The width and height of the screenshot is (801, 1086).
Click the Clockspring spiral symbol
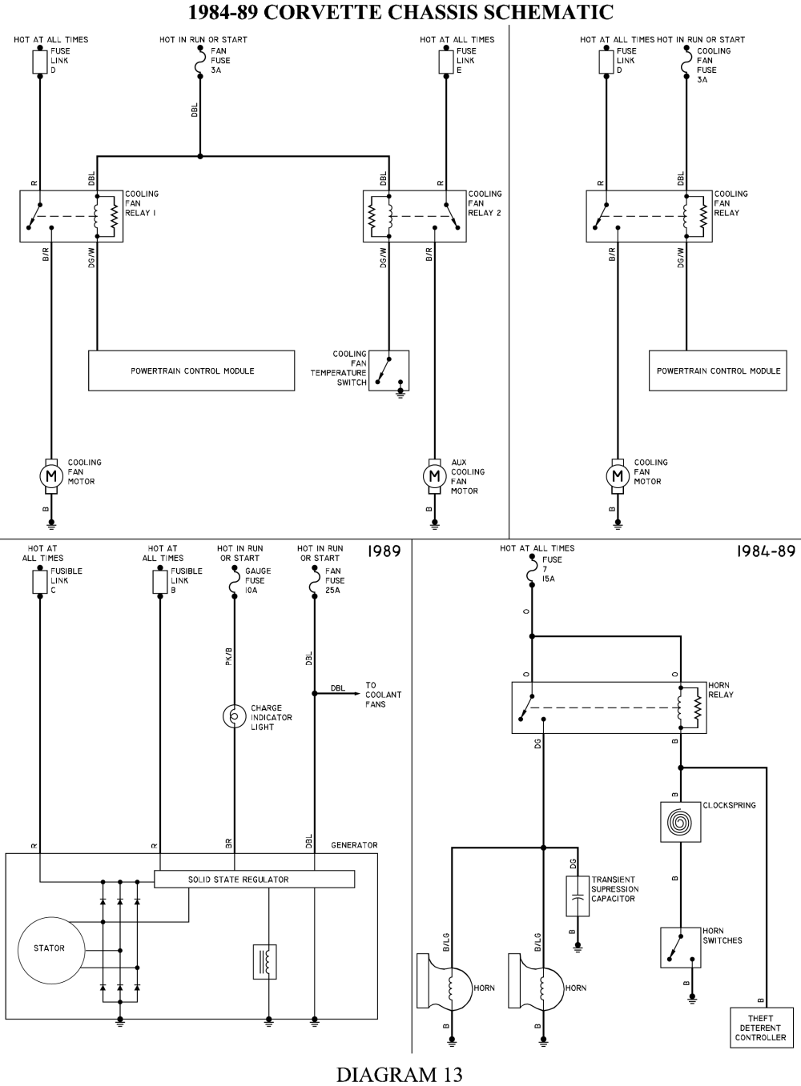click(x=680, y=822)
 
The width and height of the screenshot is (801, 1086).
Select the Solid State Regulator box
click(x=254, y=880)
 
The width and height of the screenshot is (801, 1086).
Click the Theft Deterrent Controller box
click(x=760, y=1028)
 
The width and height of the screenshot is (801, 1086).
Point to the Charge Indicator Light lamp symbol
click(x=235, y=716)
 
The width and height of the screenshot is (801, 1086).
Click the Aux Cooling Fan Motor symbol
click(x=434, y=477)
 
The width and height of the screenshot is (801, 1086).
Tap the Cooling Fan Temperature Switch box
click(x=388, y=371)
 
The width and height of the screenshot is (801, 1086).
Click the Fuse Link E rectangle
click(x=446, y=62)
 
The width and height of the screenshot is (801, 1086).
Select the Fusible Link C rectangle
click(x=40, y=582)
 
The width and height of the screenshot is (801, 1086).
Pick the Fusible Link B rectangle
click(x=160, y=582)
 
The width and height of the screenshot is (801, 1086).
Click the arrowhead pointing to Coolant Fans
click(x=356, y=694)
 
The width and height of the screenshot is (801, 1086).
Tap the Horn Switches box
click(x=680, y=948)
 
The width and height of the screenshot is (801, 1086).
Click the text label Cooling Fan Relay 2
click(x=484, y=203)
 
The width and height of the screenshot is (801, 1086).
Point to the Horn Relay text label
click(x=720, y=690)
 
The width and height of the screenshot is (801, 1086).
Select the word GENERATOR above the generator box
click(x=354, y=845)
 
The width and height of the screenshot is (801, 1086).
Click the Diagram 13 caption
click(x=400, y=1074)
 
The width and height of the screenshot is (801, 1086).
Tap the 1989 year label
click(x=384, y=551)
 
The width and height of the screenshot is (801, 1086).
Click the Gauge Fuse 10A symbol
click(x=235, y=582)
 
